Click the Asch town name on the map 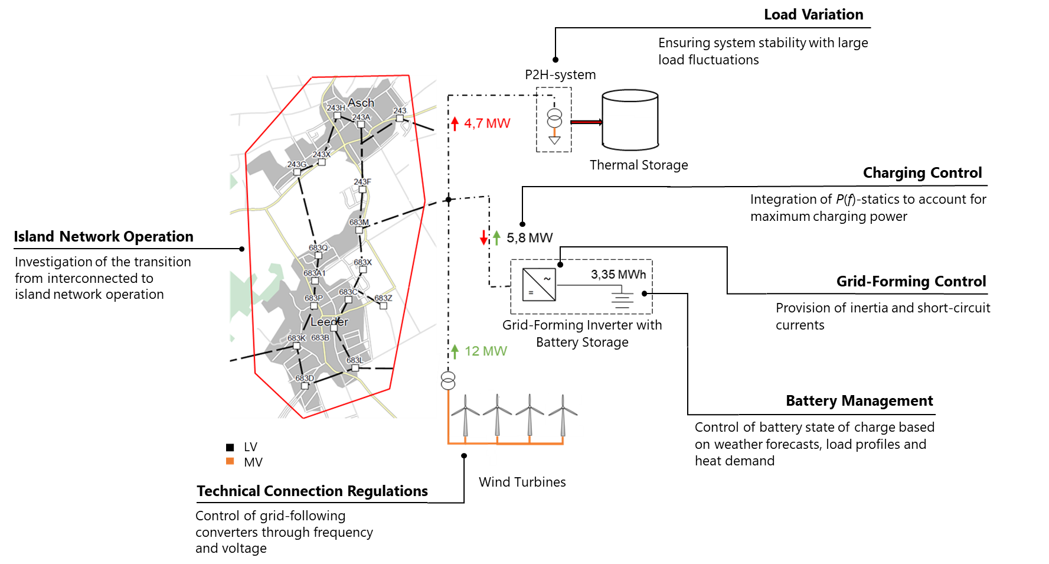click(x=361, y=103)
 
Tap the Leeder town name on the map click(x=329, y=322)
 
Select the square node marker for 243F click(x=362, y=190)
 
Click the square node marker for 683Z click(x=383, y=306)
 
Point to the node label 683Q click(x=318, y=247)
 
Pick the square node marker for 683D click(x=305, y=386)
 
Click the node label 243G click(x=297, y=164)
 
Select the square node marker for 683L click(x=355, y=368)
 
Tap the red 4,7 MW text click(x=487, y=123)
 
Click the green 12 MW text click(x=486, y=351)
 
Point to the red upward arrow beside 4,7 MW click(x=455, y=123)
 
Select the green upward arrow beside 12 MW click(x=455, y=351)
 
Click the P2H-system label click(x=560, y=75)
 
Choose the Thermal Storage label click(x=639, y=165)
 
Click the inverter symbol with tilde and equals click(x=539, y=285)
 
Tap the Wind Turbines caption click(x=522, y=482)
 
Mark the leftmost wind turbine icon click(x=466, y=415)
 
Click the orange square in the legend click(x=230, y=461)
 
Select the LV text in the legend click(x=250, y=447)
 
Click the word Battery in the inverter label click(x=557, y=343)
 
